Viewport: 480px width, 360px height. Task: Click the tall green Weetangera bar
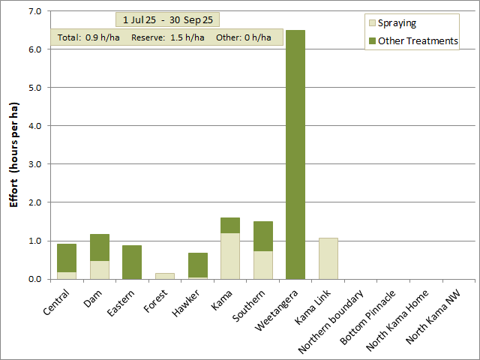(x=295, y=154)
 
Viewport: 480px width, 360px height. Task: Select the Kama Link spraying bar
(x=328, y=259)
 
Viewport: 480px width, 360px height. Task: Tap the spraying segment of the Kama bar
(x=230, y=256)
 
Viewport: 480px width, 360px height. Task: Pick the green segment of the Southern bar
(x=263, y=236)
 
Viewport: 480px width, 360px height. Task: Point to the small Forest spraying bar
(x=165, y=276)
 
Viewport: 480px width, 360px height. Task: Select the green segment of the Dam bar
(x=100, y=247)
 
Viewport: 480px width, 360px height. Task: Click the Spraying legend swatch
(x=371, y=23)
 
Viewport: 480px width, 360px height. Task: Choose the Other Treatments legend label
(x=418, y=40)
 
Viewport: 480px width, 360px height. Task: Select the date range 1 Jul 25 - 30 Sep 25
(x=167, y=19)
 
